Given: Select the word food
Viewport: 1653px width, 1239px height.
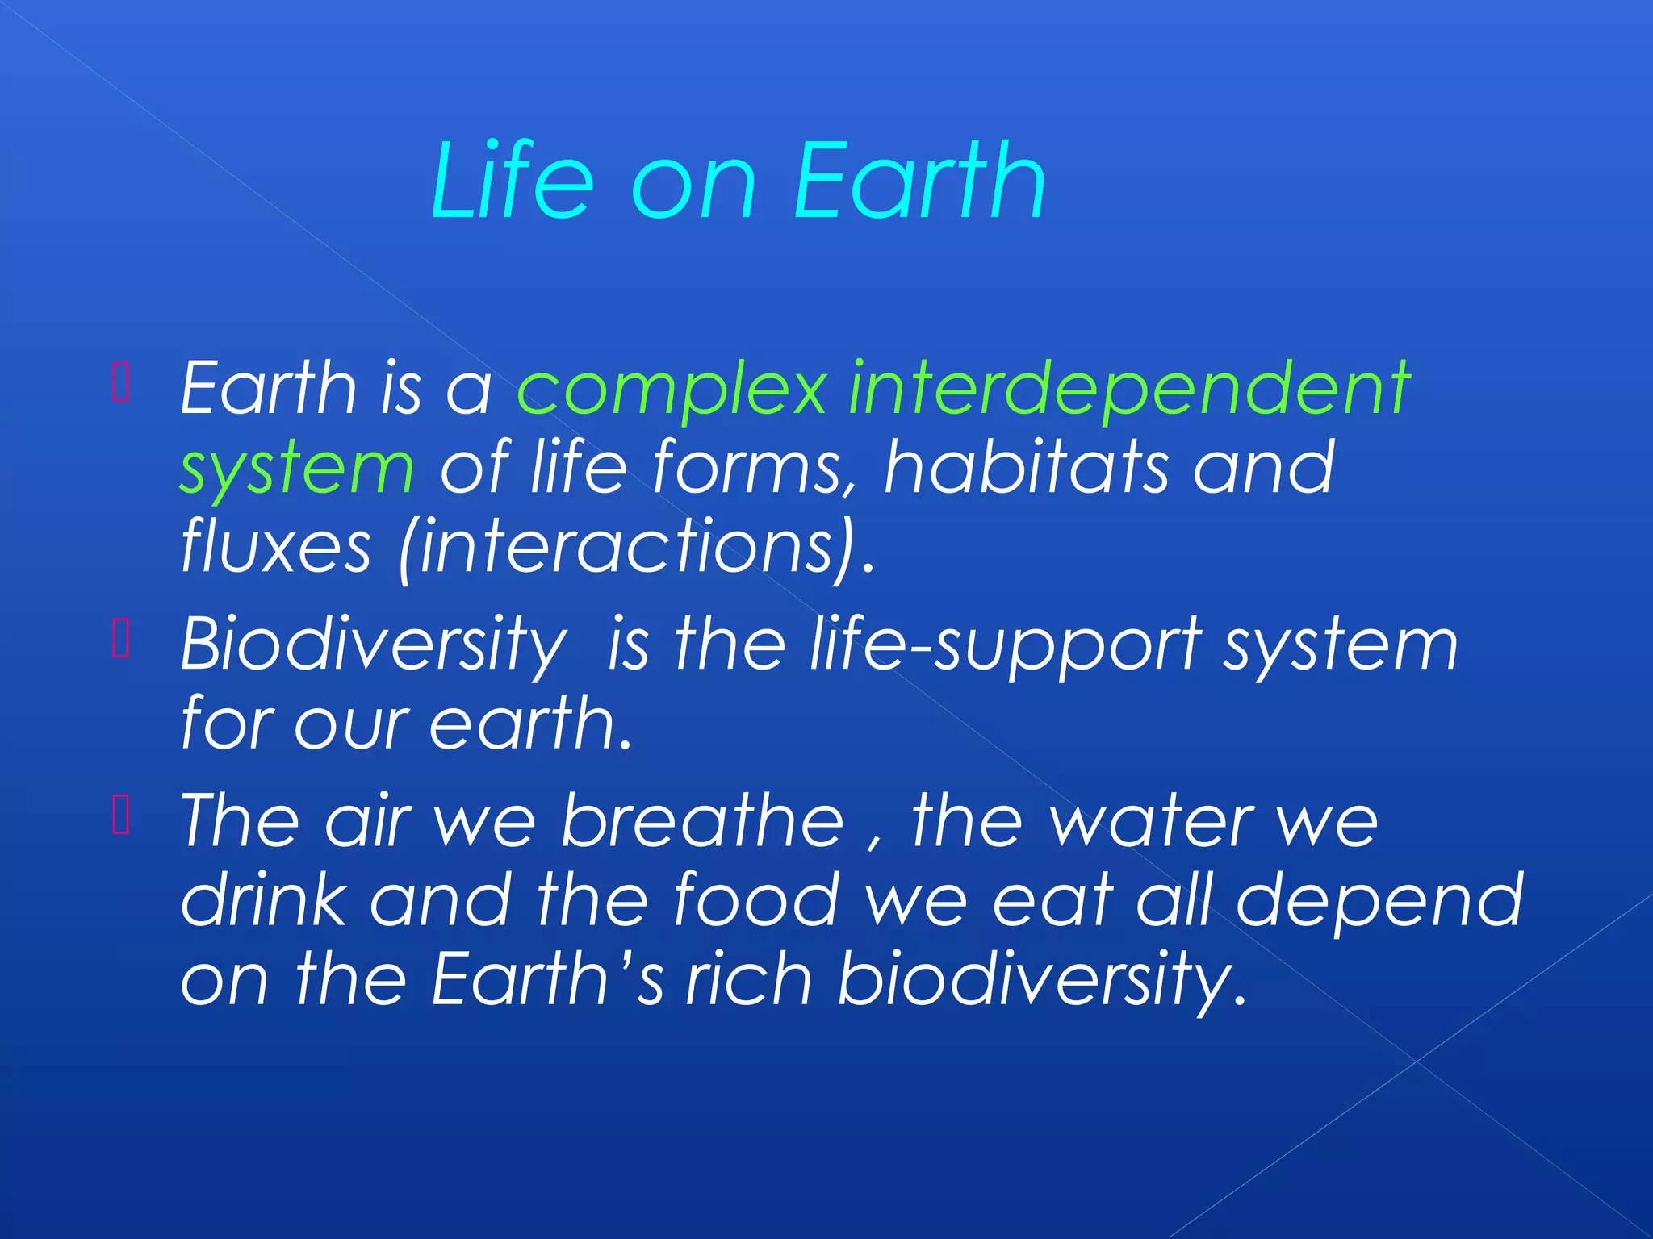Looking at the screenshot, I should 756,900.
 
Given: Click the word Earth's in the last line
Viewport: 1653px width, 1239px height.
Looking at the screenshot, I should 548,979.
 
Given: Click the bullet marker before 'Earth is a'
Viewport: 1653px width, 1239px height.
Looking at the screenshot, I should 121,382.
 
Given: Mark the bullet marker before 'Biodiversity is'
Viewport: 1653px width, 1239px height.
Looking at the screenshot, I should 121,639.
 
